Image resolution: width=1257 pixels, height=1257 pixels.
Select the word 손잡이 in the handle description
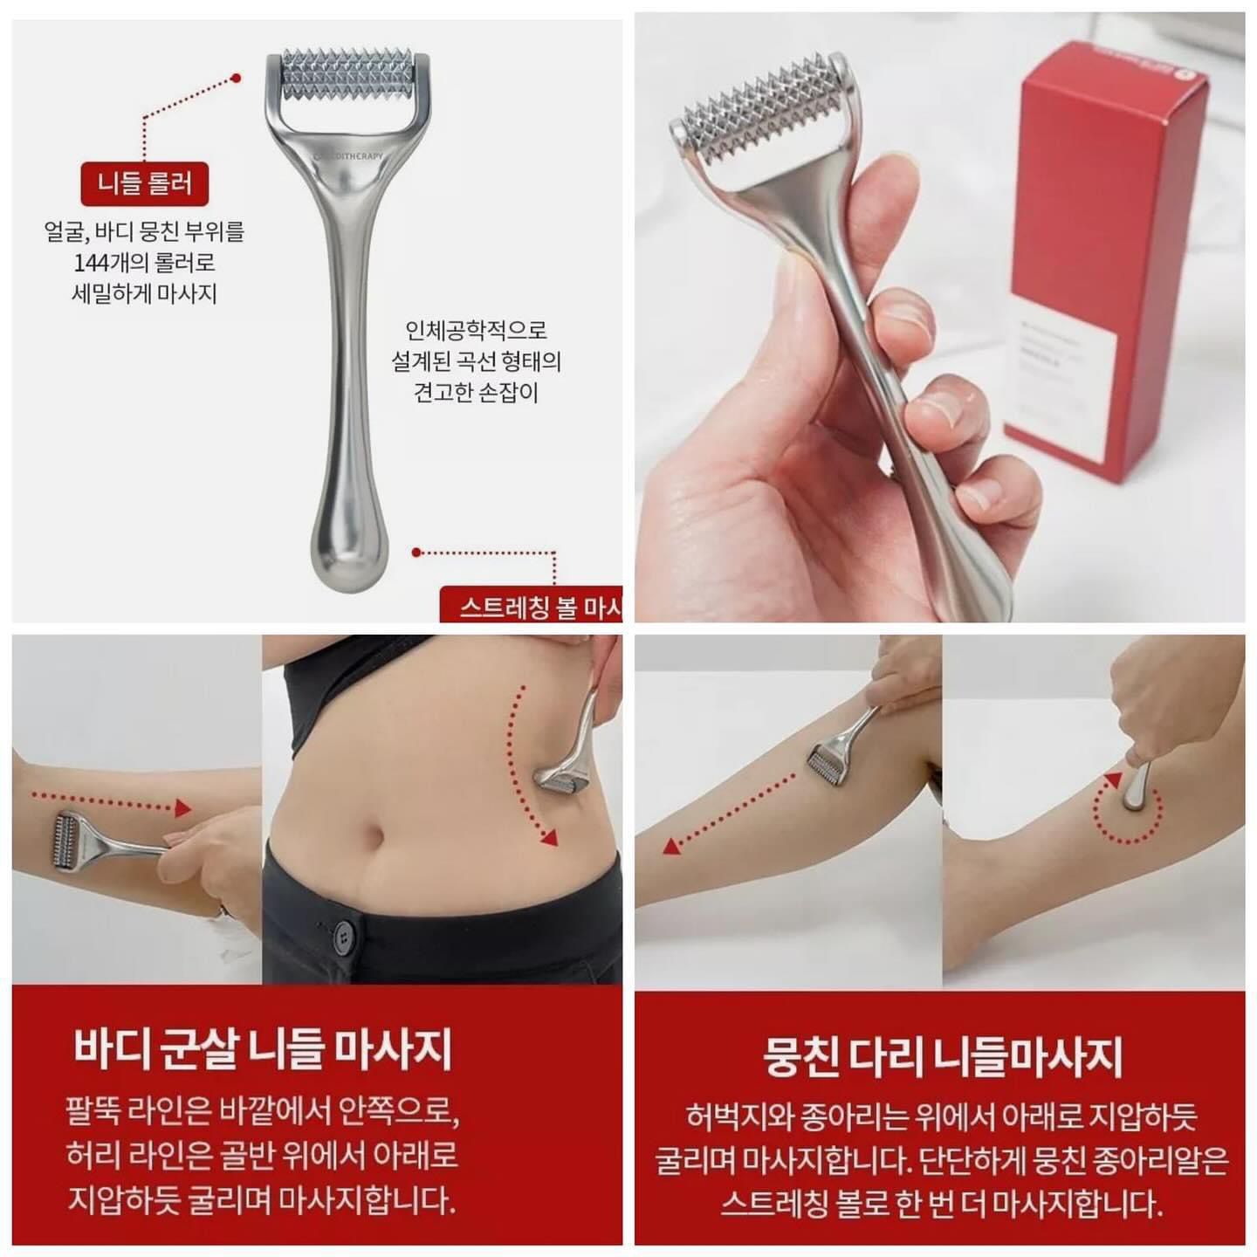pyautogui.click(x=510, y=392)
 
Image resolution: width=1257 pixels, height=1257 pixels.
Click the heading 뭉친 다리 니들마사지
pyautogui.click(x=943, y=1057)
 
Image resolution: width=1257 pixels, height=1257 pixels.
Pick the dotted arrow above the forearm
pyautogui.click(x=109, y=802)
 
